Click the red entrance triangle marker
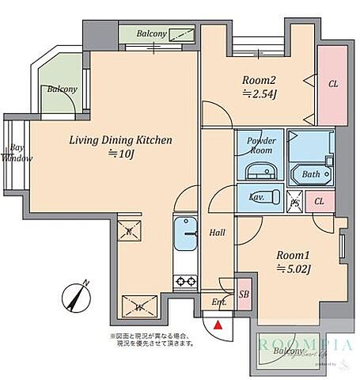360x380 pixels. (x=219, y=322)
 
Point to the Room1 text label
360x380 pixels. (x=293, y=261)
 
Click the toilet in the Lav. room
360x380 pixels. (x=266, y=196)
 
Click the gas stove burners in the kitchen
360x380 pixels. (x=187, y=280)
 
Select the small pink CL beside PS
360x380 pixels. (x=319, y=201)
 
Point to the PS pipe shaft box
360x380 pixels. (x=294, y=201)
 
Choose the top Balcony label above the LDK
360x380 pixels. (x=150, y=34)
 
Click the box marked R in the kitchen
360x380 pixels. (x=129, y=232)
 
